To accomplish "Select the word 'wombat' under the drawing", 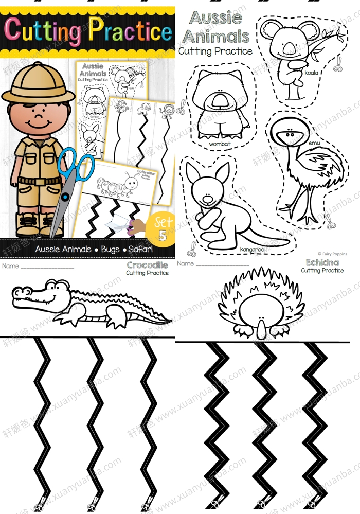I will (x=220, y=144).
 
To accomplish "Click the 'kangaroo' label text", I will (x=251, y=249).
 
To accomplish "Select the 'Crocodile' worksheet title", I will (x=148, y=265).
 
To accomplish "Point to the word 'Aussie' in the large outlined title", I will (x=216, y=18).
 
